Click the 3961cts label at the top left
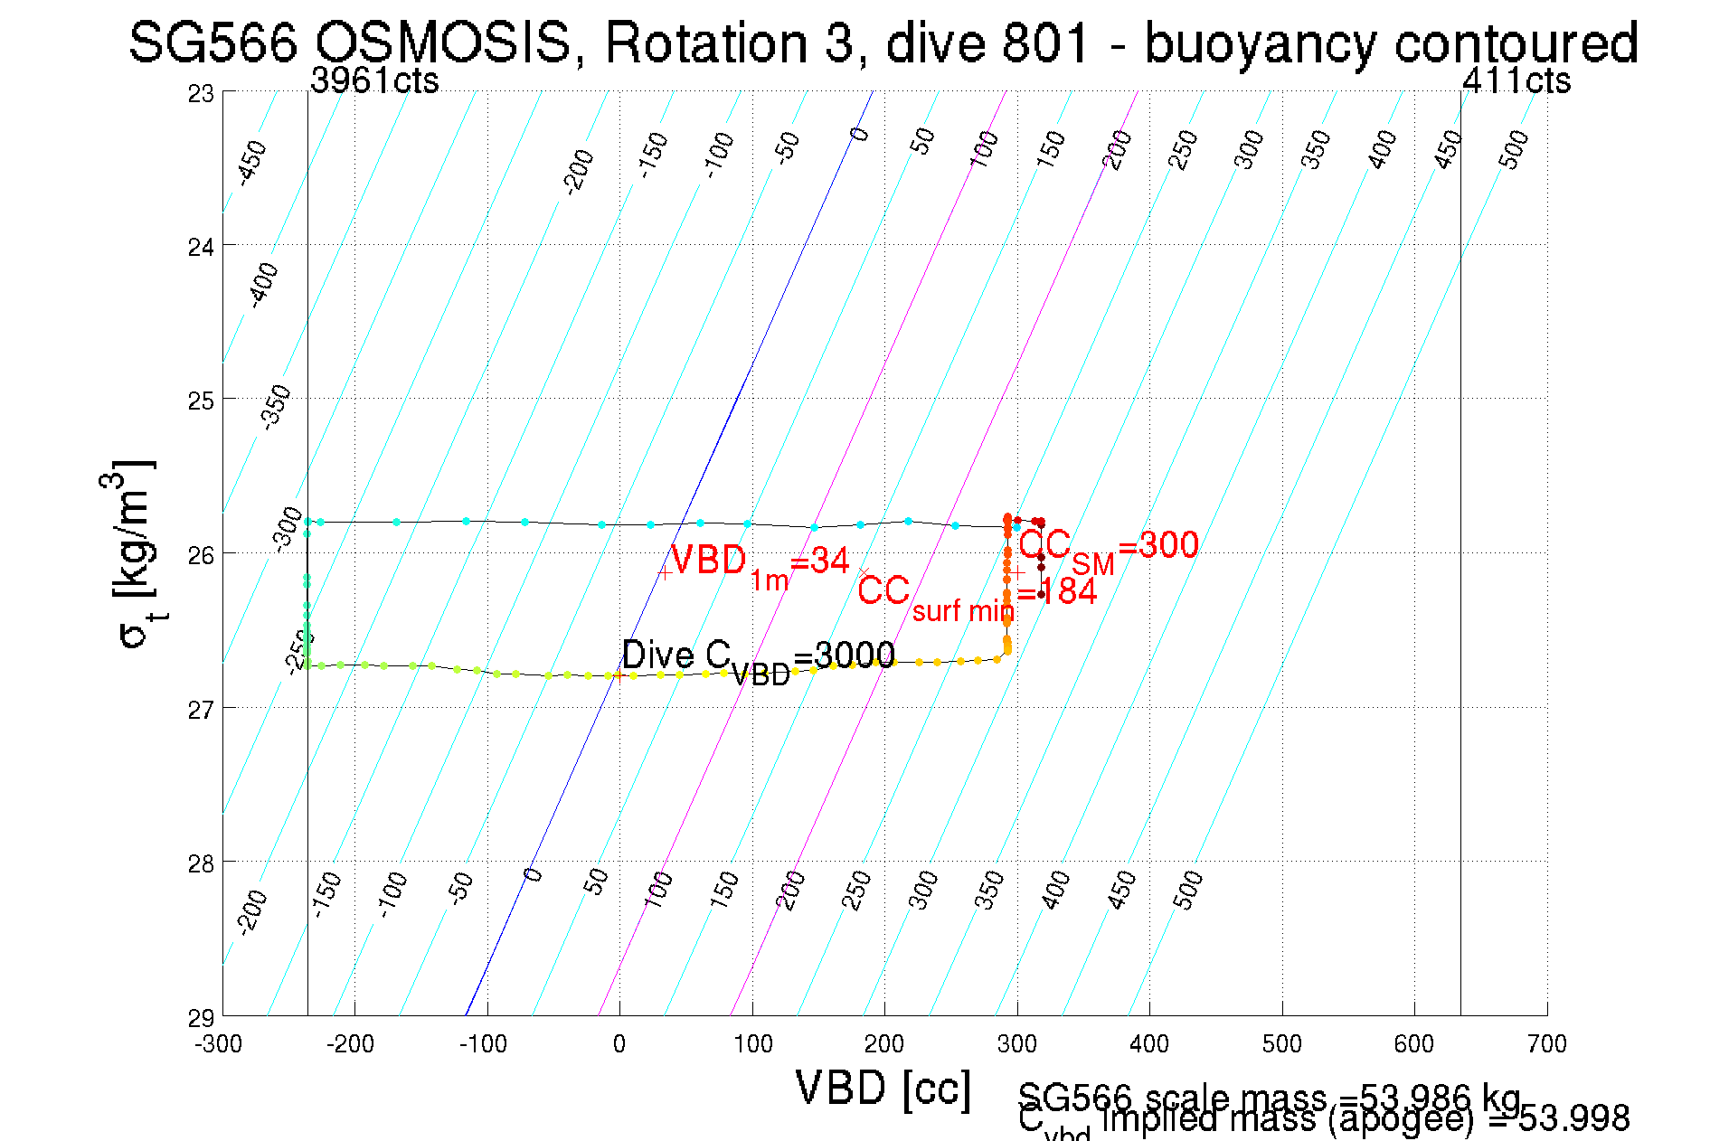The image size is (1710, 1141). click(x=374, y=81)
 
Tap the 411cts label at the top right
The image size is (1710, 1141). click(x=1516, y=81)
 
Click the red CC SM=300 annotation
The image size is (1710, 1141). click(x=1108, y=548)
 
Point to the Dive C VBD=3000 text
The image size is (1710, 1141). click(x=758, y=657)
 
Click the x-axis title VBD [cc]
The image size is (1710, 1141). click(x=883, y=1088)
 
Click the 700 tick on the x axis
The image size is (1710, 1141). click(x=1546, y=1045)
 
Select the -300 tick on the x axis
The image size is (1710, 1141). click(x=219, y=1045)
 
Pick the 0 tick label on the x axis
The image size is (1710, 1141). click(x=619, y=1045)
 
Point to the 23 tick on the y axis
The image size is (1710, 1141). click(x=202, y=94)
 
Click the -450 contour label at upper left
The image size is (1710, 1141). click(x=252, y=163)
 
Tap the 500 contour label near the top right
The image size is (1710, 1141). click(x=1513, y=149)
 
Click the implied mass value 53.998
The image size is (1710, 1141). click(x=1574, y=1119)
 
